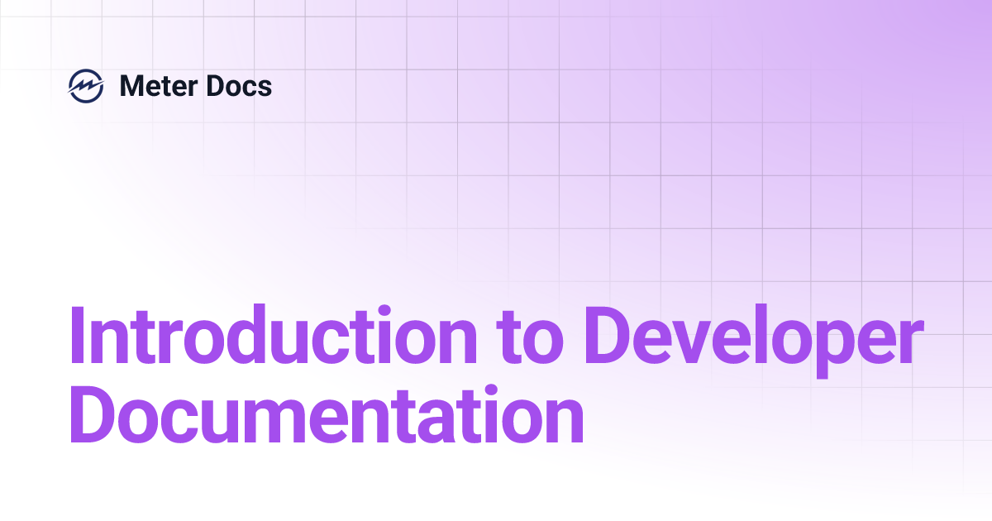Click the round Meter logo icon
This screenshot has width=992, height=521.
point(86,85)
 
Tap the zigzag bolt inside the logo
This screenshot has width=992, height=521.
point(86,85)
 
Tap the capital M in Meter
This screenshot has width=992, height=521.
point(132,85)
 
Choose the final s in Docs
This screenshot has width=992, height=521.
point(265,88)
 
